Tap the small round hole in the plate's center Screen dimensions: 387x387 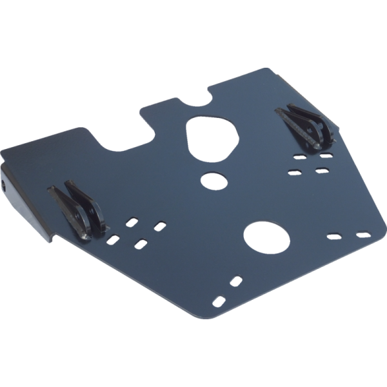click(x=210, y=180)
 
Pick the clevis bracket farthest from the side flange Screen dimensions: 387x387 click(x=306, y=128)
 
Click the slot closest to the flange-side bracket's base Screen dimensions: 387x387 click(x=113, y=239)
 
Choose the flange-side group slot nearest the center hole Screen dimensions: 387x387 click(x=159, y=226)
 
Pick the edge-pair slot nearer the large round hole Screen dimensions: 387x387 click(x=335, y=237)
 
